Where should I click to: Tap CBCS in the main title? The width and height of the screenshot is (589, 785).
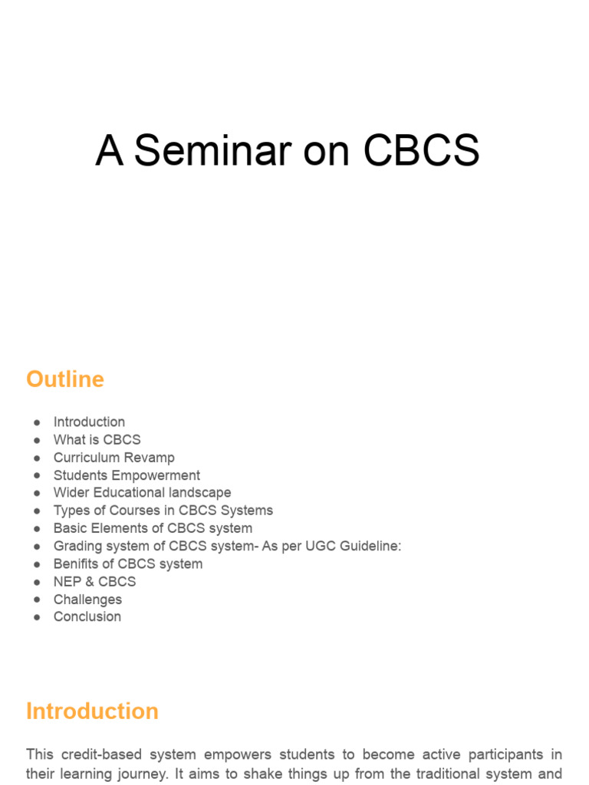[421, 150]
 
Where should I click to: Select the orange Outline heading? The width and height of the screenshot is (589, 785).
[65, 379]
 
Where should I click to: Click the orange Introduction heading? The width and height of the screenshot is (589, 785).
[92, 711]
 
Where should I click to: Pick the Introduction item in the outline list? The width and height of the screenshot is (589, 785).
[89, 422]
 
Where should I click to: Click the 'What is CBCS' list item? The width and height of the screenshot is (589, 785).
[97, 439]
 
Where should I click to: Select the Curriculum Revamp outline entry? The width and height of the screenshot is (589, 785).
[114, 458]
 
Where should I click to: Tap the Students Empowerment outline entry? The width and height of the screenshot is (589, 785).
[127, 475]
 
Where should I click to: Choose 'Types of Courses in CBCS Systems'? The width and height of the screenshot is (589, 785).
[163, 511]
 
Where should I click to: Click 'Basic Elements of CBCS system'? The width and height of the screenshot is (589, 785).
[153, 528]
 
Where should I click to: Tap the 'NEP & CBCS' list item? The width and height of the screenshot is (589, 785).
[94, 582]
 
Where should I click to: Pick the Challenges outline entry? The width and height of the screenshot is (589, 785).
[87, 599]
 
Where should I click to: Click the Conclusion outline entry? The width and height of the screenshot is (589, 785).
[87, 616]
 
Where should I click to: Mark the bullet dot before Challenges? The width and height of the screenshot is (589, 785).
[37, 599]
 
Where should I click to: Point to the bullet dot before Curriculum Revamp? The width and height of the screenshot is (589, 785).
[37, 458]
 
